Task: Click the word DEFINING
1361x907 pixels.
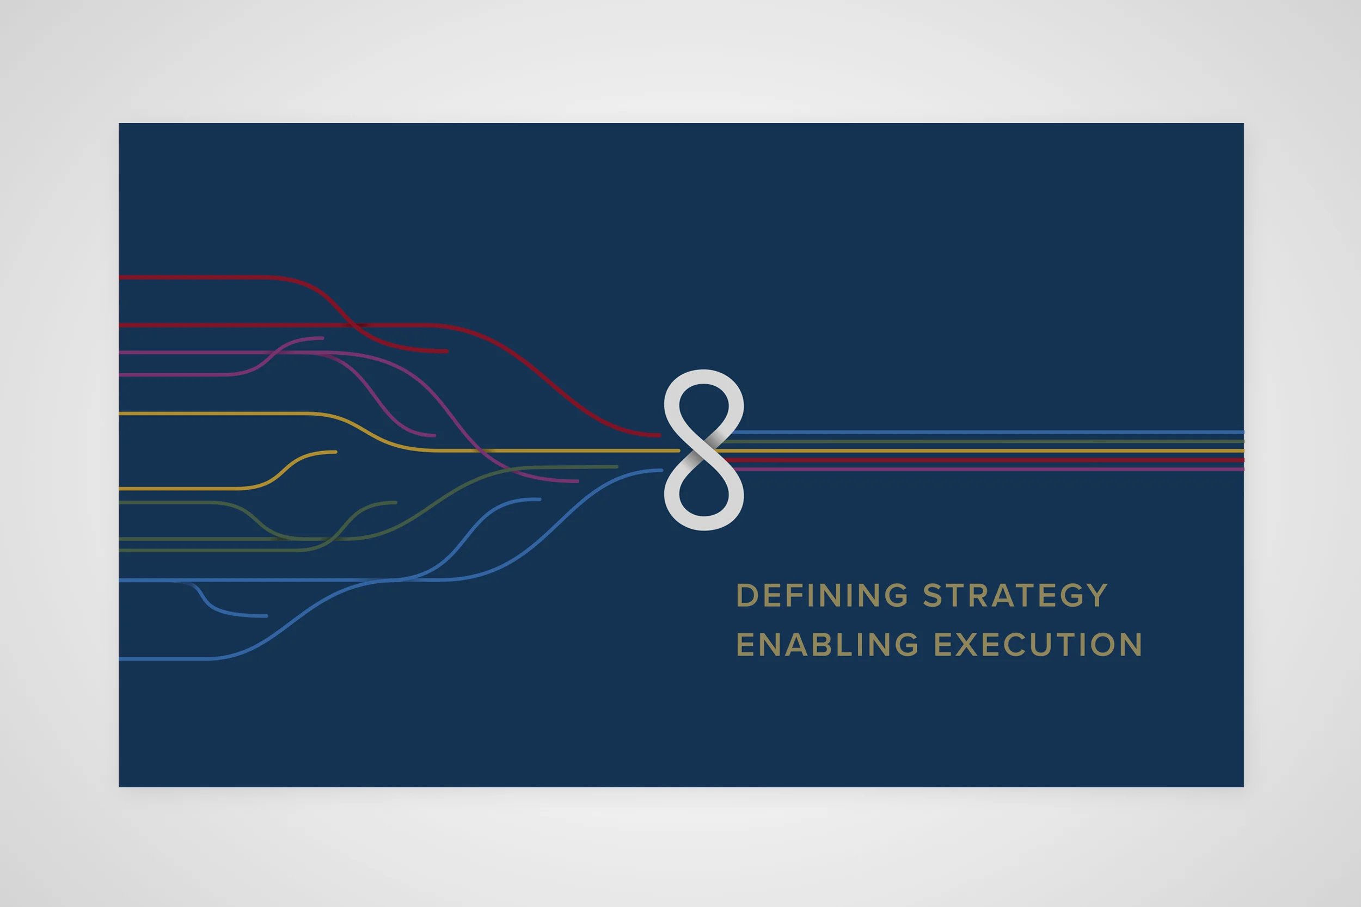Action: [x=821, y=595]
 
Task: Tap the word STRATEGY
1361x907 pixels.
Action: [x=1015, y=595]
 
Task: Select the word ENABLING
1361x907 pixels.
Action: [x=827, y=644]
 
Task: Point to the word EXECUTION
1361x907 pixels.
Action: [x=1038, y=644]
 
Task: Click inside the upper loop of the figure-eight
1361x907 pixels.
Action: [x=704, y=405]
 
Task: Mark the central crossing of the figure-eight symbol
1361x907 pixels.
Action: [x=704, y=450]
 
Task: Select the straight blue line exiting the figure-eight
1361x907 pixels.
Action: [x=987, y=432]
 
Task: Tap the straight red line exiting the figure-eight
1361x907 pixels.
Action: [x=983, y=460]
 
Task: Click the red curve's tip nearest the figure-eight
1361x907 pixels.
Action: [x=659, y=435]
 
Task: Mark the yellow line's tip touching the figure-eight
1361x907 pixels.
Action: [x=678, y=451]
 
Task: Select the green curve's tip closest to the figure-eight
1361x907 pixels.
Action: [x=617, y=466]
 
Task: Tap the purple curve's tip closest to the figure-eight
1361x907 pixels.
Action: [x=577, y=480]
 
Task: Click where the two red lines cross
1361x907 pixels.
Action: [x=352, y=325]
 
